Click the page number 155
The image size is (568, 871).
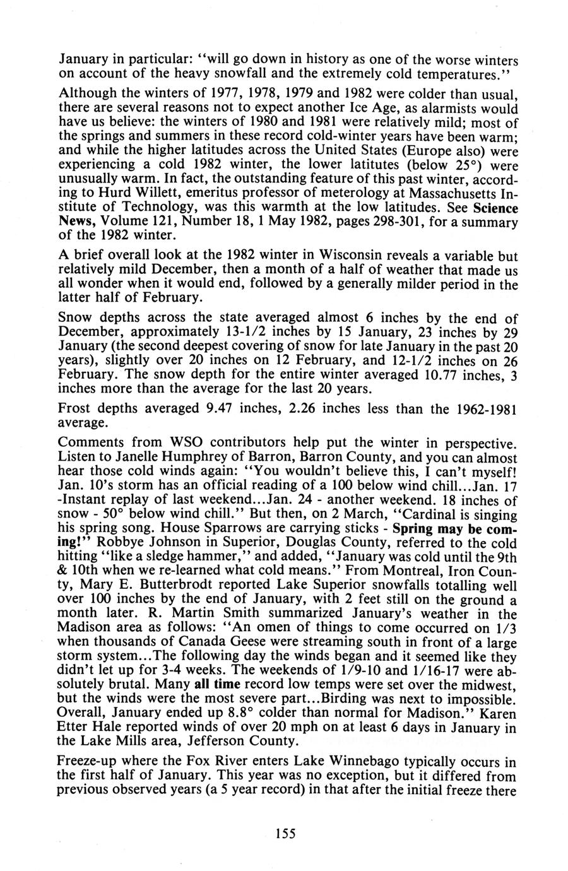pos(286,832)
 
